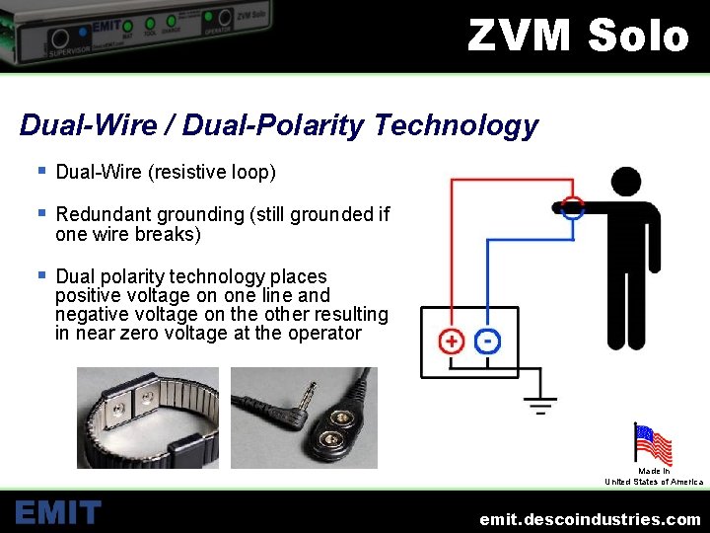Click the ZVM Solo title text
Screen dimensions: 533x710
[578, 36]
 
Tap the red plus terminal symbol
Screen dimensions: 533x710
[451, 342]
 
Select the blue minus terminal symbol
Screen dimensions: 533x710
[487, 341]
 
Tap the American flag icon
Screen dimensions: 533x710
[652, 444]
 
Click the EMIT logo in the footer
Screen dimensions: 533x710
[58, 512]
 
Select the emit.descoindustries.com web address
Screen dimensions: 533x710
[590, 519]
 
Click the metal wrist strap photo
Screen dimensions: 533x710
[148, 418]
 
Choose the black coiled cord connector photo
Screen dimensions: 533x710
[304, 418]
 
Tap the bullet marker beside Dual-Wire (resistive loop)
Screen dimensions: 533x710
[41, 171]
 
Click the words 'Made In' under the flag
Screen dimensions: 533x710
[653, 472]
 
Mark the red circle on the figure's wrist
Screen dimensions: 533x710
[573, 207]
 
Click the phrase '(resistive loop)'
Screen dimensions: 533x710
[212, 173]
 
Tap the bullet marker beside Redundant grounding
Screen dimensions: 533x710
[41, 212]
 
